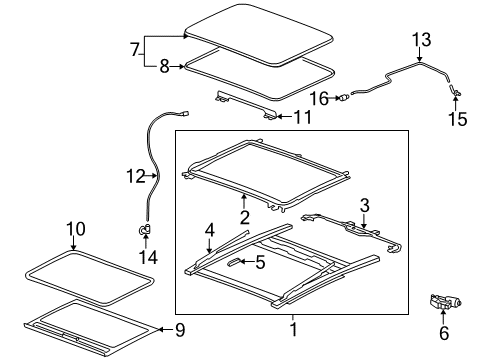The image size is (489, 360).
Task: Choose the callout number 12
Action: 135,177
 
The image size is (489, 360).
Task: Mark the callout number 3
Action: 365,204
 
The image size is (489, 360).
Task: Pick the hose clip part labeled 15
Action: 453,92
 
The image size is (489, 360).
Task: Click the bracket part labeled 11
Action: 245,104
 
